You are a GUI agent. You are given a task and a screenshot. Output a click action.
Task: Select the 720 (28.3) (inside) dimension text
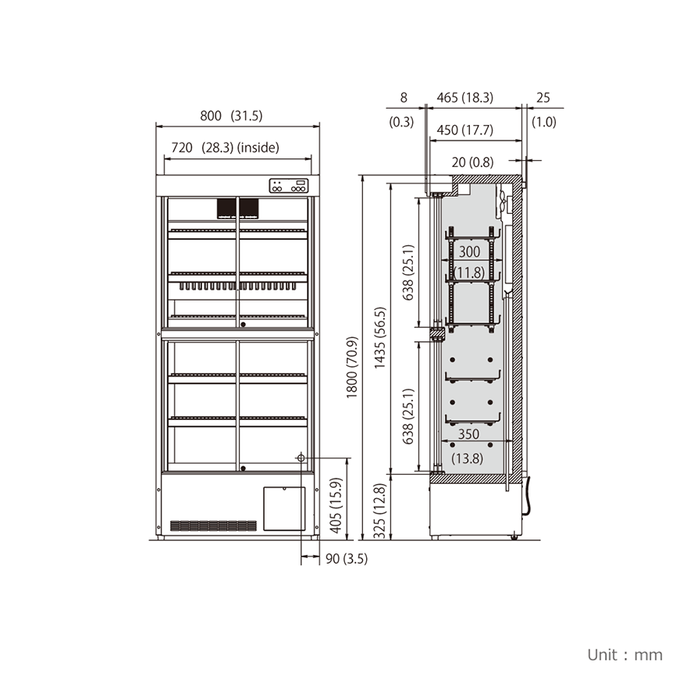pos(225,147)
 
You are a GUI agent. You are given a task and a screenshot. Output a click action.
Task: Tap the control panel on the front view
pos(289,186)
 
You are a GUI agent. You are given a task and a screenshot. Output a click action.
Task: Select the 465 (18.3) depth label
pos(465,98)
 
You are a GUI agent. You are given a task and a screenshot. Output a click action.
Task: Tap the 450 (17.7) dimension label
pos(465,130)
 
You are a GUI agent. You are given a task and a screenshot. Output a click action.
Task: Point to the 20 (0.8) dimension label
pos(472,162)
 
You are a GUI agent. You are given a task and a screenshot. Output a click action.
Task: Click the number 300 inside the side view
pos(469,252)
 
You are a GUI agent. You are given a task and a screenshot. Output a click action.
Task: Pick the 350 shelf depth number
pos(469,434)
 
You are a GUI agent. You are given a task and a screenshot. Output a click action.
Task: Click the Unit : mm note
pos(625,654)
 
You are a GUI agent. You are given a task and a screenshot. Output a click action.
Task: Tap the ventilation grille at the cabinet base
pos(213,525)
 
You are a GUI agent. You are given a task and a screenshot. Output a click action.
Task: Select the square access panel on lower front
pos(283,508)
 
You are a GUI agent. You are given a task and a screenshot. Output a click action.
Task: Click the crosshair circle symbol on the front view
pos(301,458)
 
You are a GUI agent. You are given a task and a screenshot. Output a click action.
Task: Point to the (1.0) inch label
pos(543,122)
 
